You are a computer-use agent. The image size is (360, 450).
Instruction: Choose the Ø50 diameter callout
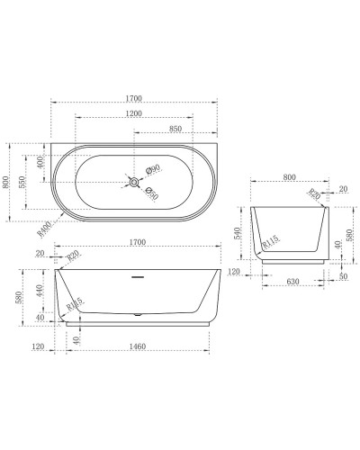pos(151,193)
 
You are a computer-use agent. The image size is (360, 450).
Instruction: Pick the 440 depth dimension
pos(39,290)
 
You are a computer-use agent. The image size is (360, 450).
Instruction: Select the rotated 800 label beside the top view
pos(7,183)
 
